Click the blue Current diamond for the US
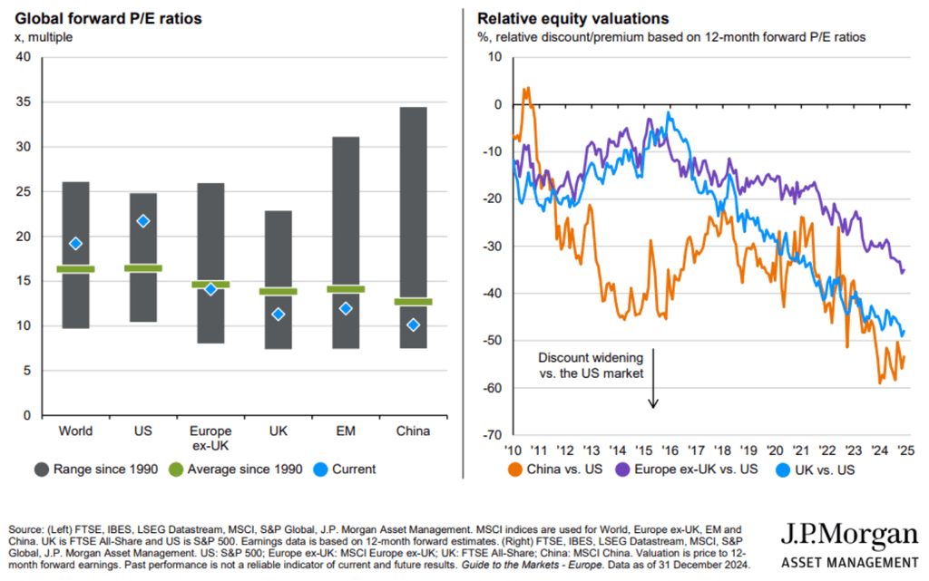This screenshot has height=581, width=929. [142, 221]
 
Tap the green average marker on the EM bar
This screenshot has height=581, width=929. [346, 289]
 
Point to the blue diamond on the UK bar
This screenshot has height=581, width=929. [279, 315]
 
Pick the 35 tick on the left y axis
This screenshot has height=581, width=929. [24, 102]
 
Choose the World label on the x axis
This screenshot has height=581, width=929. [75, 431]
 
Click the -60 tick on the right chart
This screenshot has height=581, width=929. [491, 389]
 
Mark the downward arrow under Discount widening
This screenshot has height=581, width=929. [653, 394]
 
